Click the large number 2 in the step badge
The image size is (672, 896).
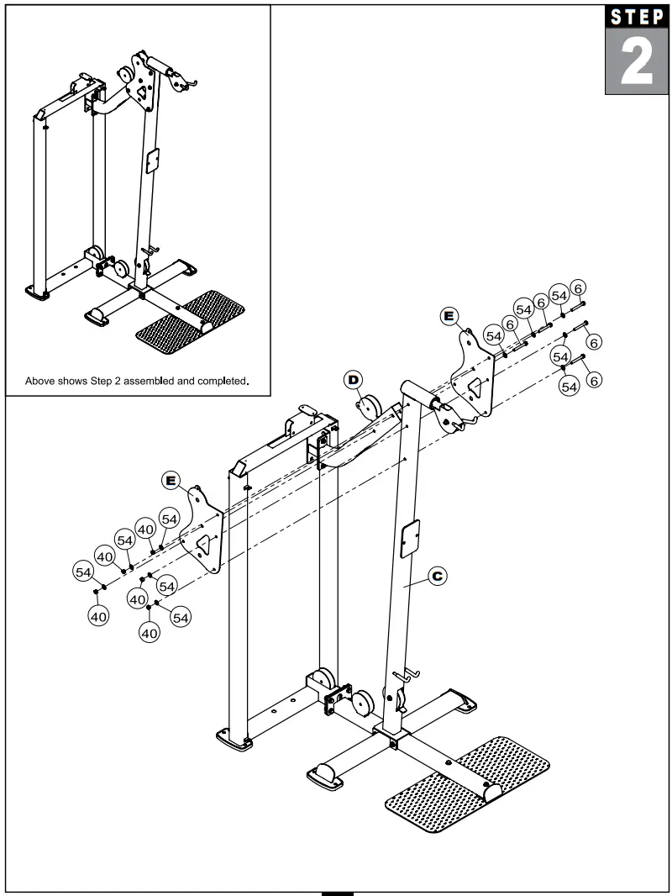coord(637,64)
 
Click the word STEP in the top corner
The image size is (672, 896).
coord(637,18)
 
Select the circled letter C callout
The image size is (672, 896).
coord(437,576)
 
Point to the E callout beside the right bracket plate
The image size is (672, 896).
coord(449,316)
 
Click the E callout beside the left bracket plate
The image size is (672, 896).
coord(172,480)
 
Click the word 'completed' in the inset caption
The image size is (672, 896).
coord(217,381)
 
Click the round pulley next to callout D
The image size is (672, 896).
coord(369,409)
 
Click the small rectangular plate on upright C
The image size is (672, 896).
coord(409,538)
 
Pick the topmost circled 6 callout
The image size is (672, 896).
coord(578,289)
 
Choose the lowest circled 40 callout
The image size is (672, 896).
coord(150,633)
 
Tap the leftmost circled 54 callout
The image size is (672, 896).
coord(83,572)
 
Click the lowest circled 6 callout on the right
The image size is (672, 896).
coord(594,380)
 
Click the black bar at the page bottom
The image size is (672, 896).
coord(338,892)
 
